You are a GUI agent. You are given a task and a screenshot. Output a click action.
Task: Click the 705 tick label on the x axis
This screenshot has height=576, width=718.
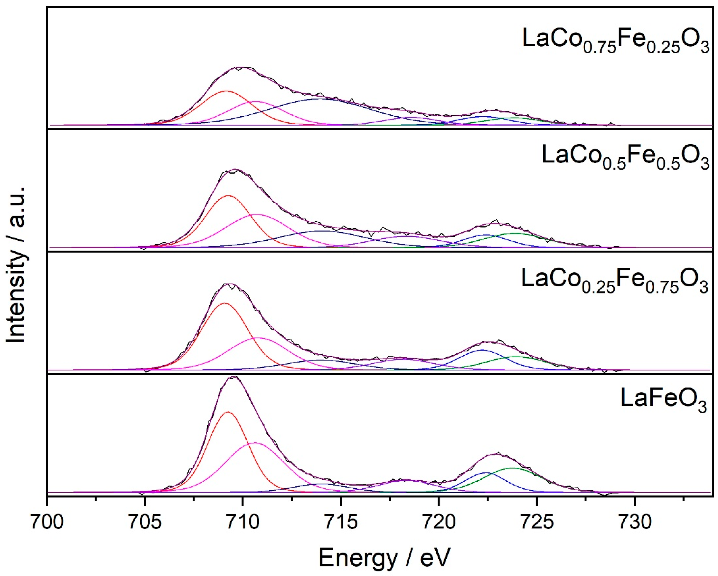pyautogui.click(x=145, y=522)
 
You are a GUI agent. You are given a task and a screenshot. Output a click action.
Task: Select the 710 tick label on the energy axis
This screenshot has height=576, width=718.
pyautogui.click(x=243, y=522)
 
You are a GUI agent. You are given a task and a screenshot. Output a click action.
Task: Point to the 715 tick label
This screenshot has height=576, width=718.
pyautogui.click(x=341, y=522)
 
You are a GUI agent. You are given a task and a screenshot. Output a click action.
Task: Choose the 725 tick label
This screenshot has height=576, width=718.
pyautogui.click(x=537, y=522)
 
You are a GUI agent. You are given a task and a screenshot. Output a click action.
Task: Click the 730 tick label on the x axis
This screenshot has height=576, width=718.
pyautogui.click(x=634, y=522)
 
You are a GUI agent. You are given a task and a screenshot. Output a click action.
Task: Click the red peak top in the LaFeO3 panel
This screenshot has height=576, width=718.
pyautogui.click(x=228, y=412)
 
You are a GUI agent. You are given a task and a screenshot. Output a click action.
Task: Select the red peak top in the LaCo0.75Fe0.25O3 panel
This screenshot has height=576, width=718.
pyautogui.click(x=226, y=91)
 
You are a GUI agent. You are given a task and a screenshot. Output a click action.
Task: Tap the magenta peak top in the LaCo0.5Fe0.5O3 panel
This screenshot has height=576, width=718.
pyautogui.click(x=258, y=215)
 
